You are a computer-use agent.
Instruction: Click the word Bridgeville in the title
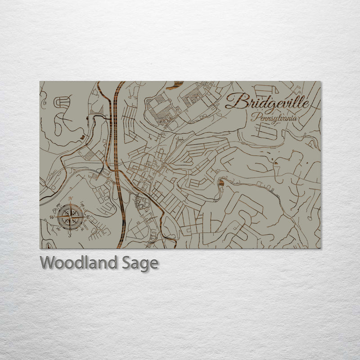coord(267,102)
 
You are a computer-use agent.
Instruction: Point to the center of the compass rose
coord(70,216)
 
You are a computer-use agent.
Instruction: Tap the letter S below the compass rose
coord(70,234)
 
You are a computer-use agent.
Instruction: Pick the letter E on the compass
coord(88,216)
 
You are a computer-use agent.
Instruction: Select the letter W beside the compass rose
coord(52,216)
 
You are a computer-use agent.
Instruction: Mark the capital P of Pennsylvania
coord(255,117)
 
